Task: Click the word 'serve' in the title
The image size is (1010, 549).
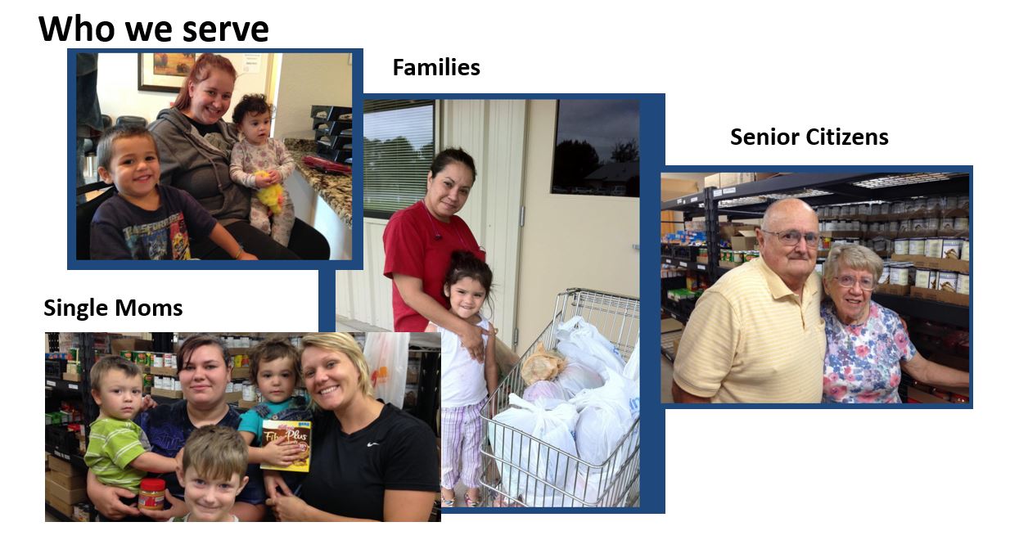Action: pyautogui.click(x=225, y=29)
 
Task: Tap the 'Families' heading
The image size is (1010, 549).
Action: pyautogui.click(x=436, y=68)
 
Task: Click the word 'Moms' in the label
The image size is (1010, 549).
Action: pyautogui.click(x=148, y=308)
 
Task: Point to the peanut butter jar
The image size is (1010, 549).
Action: pyautogui.click(x=151, y=494)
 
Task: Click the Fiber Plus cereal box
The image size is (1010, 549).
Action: pyautogui.click(x=286, y=445)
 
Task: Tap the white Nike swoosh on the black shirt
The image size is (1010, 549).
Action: pyautogui.click(x=372, y=444)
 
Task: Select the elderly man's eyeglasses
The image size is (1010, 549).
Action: pyautogui.click(x=791, y=237)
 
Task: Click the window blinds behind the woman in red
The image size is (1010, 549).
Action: pyautogui.click(x=398, y=157)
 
